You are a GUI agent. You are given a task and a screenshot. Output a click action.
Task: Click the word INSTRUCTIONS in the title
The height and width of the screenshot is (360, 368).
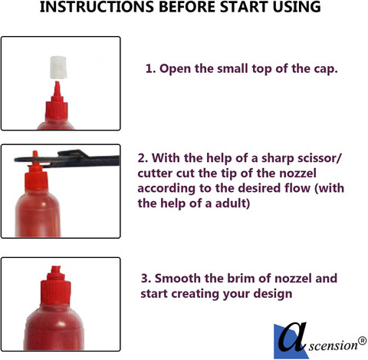pyautogui.click(x=97, y=7)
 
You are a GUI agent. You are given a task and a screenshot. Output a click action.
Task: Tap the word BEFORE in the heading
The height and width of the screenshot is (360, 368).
pyautogui.click(x=187, y=7)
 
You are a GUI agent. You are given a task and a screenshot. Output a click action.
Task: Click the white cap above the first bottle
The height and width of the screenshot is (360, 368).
pyautogui.click(x=58, y=67)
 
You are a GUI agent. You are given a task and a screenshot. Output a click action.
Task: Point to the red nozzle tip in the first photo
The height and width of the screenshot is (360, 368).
pyautogui.click(x=57, y=88)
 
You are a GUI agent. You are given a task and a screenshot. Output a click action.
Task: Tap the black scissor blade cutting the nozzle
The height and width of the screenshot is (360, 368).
pyautogui.click(x=67, y=158)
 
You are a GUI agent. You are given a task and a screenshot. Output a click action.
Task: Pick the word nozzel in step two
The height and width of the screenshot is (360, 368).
pyautogui.click(x=297, y=173)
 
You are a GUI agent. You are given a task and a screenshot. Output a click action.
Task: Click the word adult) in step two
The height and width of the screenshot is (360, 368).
pyautogui.click(x=232, y=203)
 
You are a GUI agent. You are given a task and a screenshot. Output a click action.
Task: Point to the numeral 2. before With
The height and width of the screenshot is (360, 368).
pyautogui.click(x=143, y=158)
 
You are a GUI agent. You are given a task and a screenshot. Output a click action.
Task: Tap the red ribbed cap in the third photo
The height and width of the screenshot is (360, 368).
pyautogui.click(x=56, y=292)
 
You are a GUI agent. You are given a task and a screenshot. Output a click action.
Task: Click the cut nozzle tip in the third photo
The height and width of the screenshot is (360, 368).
pyautogui.click(x=56, y=269)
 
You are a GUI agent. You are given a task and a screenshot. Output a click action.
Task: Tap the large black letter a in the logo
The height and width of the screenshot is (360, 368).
pyautogui.click(x=292, y=336)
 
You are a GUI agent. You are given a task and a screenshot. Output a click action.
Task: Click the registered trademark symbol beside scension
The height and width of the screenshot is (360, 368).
pyautogui.click(x=362, y=341)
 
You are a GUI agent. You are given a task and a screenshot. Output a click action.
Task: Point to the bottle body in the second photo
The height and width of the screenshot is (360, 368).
pyautogui.click(x=38, y=215)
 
